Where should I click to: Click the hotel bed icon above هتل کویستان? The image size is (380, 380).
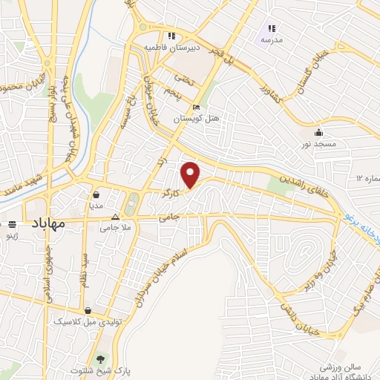196,107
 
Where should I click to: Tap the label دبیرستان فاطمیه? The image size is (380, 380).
172,46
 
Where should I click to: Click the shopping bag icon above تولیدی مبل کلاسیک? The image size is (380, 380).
89,311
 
